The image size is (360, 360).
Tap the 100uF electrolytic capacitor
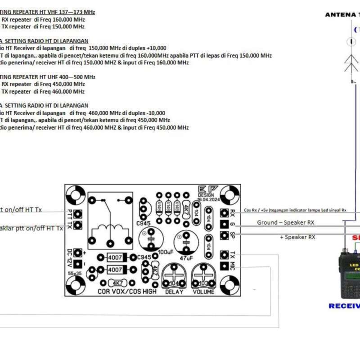[x=151, y=238]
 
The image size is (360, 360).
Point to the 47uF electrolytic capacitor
[x=186, y=242]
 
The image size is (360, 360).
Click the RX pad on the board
[x=224, y=212]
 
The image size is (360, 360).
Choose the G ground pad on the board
[x=224, y=224]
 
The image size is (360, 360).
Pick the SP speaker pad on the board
[x=224, y=235]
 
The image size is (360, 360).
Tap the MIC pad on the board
[x=224, y=266]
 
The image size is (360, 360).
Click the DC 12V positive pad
[x=78, y=253]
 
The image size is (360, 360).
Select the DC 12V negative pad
[x=78, y=264]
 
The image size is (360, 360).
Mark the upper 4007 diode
[x=115, y=257]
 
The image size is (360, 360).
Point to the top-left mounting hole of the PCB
[x=76, y=195]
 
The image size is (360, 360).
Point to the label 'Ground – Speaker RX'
[x=285, y=222]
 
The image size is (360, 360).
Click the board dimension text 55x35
[x=75, y=273]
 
